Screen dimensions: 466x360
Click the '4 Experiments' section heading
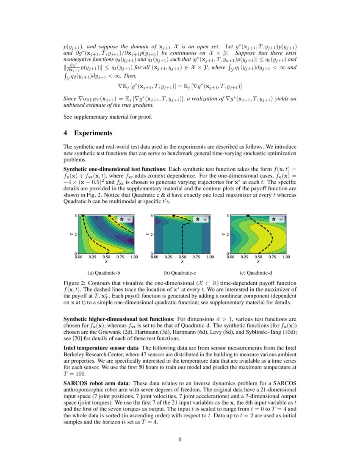point(88,133)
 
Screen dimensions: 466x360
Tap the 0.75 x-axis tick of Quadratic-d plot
point(272,257)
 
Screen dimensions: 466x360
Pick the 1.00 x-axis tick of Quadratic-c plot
point(210,257)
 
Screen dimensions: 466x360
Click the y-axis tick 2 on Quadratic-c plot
point(152,234)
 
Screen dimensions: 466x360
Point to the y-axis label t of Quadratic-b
point(71,234)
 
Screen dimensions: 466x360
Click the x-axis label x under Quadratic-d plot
point(258,261)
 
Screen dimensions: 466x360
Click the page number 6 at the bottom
point(180,439)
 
